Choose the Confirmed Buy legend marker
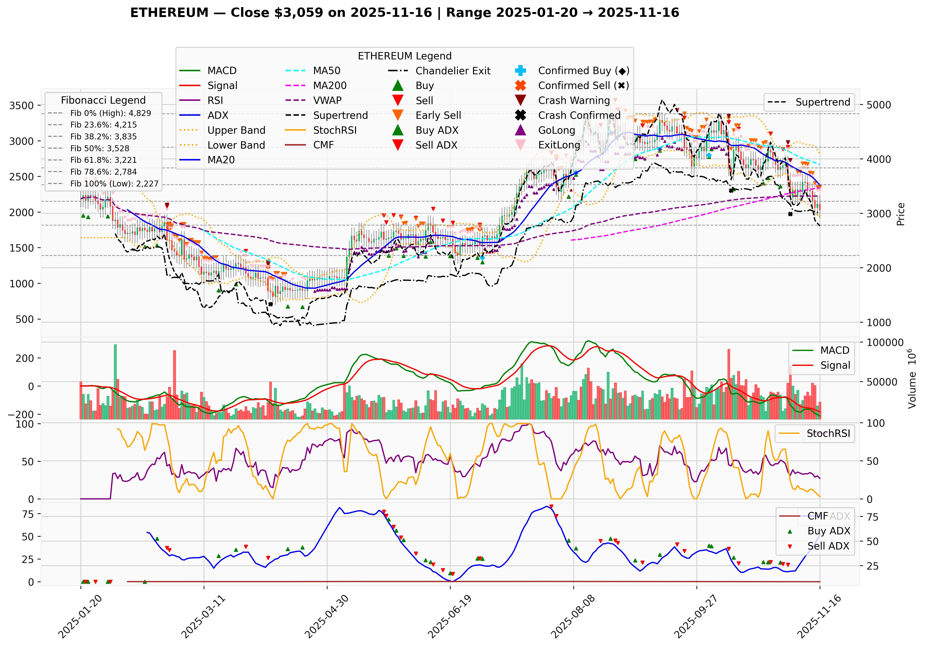point(521,71)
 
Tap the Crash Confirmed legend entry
point(579,115)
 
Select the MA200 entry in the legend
point(330,85)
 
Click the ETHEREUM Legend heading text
point(404,56)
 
